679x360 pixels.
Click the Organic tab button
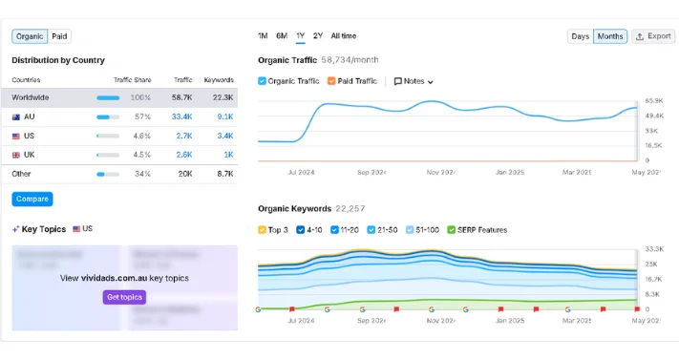tap(30, 36)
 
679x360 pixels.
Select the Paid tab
tap(59, 36)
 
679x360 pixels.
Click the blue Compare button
tap(32, 199)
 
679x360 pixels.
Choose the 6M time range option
tap(282, 36)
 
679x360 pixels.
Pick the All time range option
tap(343, 36)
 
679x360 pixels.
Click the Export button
tap(653, 36)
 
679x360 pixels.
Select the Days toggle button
tap(580, 36)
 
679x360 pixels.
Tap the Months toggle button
tap(609, 36)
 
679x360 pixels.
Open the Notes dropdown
tap(414, 81)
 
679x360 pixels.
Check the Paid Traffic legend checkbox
tap(332, 81)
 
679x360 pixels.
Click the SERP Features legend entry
tap(453, 230)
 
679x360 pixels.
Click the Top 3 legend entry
tap(264, 230)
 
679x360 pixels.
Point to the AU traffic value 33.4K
tap(181, 116)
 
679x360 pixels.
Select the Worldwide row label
tap(31, 97)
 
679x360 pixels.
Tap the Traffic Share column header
tap(132, 80)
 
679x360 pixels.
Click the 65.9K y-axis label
tap(653, 100)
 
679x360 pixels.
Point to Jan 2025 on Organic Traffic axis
tap(510, 173)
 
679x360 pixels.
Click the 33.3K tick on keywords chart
tap(653, 248)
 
